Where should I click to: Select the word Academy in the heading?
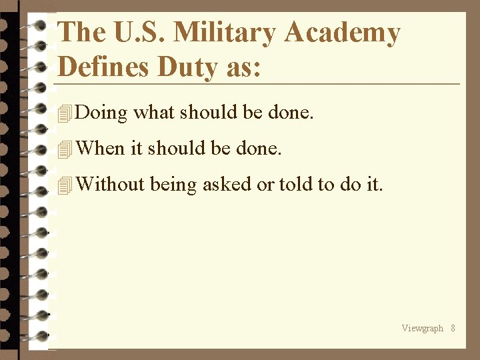coord(343,33)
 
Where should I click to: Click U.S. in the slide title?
coord(131,33)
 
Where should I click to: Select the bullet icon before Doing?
coord(65,115)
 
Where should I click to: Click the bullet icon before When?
coord(65,150)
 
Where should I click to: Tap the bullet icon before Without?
coord(65,185)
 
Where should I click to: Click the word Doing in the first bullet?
coord(101,113)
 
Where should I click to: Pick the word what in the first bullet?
coord(155,113)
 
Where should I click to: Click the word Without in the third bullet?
coord(111,184)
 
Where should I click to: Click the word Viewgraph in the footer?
coord(422,328)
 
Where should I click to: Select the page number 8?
coord(453,328)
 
